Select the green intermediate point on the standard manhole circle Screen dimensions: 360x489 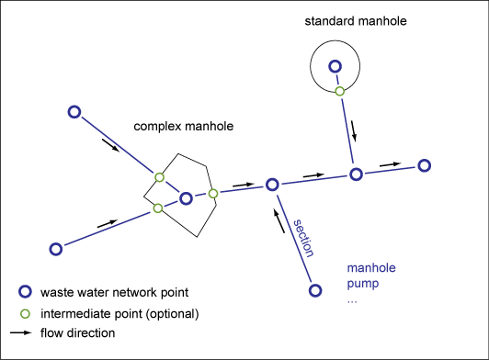pos(339,91)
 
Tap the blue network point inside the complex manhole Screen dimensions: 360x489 pos(186,197)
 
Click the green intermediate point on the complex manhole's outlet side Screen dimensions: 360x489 pos(212,193)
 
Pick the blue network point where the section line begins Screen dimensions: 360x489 pos(314,290)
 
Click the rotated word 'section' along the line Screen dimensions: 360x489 pos(303,239)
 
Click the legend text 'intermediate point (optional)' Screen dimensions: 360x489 pos(119,313)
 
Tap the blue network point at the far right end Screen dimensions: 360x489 pos(424,165)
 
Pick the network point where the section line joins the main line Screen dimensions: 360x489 pos(272,185)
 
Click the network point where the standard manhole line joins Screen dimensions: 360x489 pos(355,174)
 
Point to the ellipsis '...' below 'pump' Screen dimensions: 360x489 pos(352,299)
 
